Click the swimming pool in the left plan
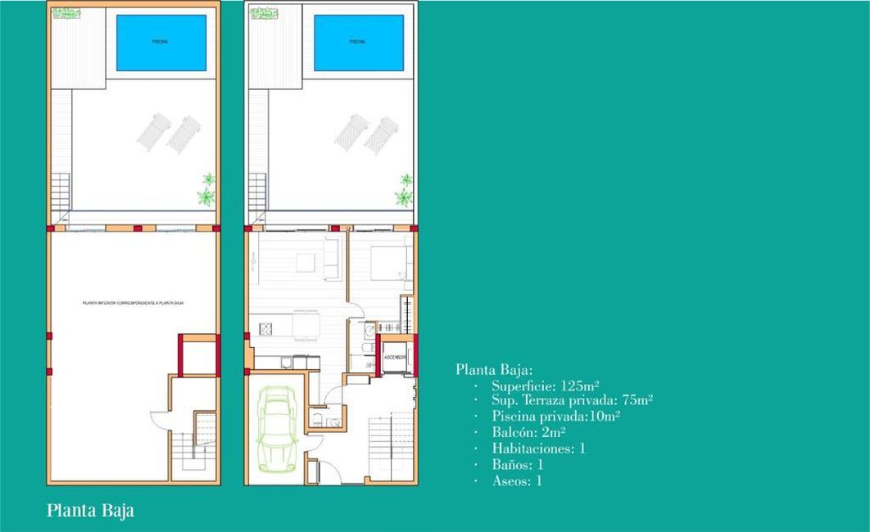point(161,43)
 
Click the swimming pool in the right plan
point(359,43)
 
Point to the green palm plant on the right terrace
point(403,190)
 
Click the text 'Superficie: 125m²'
point(546,385)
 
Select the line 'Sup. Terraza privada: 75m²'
point(572,400)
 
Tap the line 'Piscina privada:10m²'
point(555,416)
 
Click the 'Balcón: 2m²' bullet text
point(528,431)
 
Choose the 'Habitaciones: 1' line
point(538,448)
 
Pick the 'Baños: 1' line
point(518,464)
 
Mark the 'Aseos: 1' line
point(517,480)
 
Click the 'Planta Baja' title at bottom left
point(90,511)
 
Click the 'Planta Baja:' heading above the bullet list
point(494,369)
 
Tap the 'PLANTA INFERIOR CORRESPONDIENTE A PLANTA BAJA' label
point(133,303)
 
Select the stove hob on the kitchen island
point(265,329)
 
